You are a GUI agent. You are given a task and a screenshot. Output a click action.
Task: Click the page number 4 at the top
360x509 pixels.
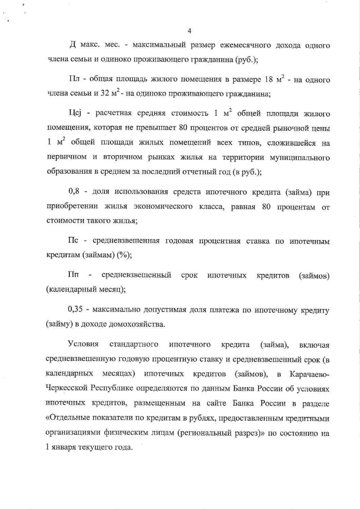coord(190,31)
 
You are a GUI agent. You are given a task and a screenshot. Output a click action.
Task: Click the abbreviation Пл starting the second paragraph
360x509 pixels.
coord(74,81)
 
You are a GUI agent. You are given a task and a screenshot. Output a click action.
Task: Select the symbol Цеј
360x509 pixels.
coord(75,114)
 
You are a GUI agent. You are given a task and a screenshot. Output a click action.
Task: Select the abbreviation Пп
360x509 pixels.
coord(73,275)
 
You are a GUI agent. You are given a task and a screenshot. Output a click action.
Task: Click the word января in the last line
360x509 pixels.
coord(65,447)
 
